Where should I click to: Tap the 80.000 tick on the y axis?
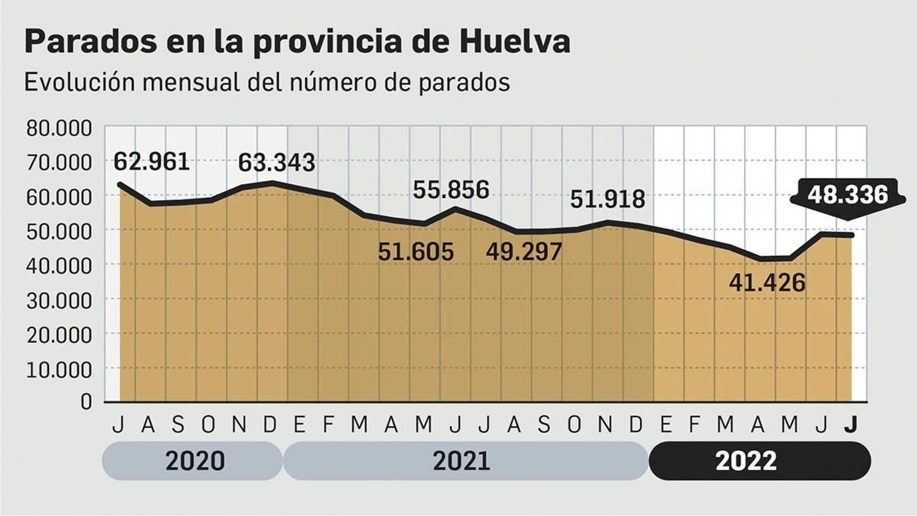coord(58,128)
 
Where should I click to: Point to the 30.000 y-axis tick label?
coord(58,300)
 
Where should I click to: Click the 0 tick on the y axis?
coord(86,401)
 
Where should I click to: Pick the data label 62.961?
coord(151,162)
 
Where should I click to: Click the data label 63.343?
coord(276,163)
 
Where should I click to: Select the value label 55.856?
coord(451,190)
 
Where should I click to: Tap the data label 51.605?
coord(416,252)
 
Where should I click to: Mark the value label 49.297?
coord(524,252)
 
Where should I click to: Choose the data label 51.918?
coord(607,200)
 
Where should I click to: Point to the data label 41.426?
coord(767,283)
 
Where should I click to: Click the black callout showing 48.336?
coord(848,196)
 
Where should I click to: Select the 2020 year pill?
coord(195,461)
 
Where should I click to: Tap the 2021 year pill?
coord(462,461)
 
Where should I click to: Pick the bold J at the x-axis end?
coord(851,425)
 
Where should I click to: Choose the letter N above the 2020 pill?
coord(239,425)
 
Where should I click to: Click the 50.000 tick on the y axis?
coord(58,231)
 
